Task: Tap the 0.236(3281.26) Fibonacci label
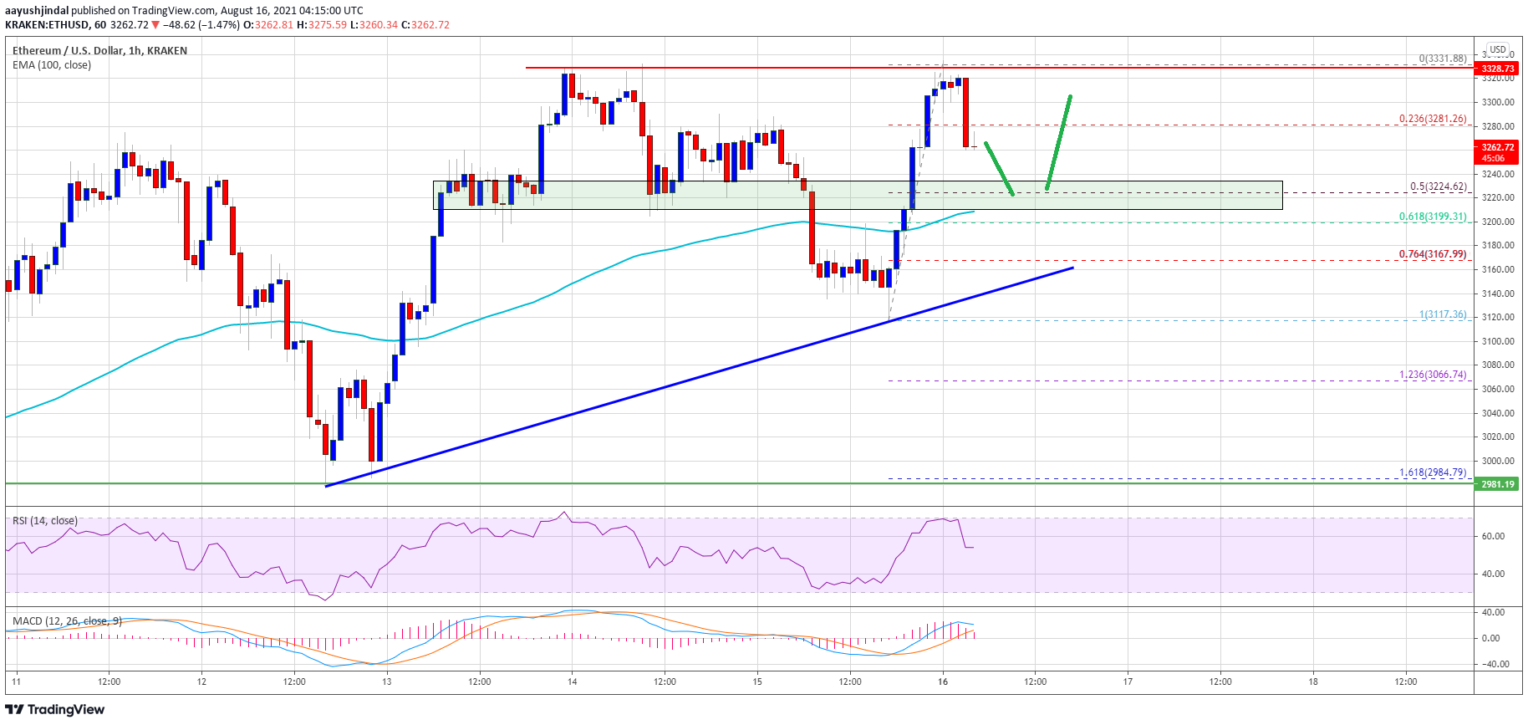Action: tap(1433, 119)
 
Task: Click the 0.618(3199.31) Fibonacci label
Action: tap(1433, 217)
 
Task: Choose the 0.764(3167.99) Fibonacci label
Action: tap(1433, 254)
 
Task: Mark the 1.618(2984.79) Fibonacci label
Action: tap(1433, 472)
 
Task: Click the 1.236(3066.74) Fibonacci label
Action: tap(1433, 375)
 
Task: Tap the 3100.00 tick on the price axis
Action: tap(1498, 341)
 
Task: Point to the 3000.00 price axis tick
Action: tap(1498, 461)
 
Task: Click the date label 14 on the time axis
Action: tap(572, 682)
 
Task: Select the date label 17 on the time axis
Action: tap(1128, 682)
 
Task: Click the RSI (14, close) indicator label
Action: tap(45, 521)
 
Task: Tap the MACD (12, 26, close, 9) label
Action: tap(67, 621)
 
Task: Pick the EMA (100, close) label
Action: tap(52, 65)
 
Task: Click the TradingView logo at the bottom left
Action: tap(55, 710)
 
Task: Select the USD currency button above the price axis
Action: tap(1498, 49)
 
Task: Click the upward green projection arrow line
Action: tap(1058, 142)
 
